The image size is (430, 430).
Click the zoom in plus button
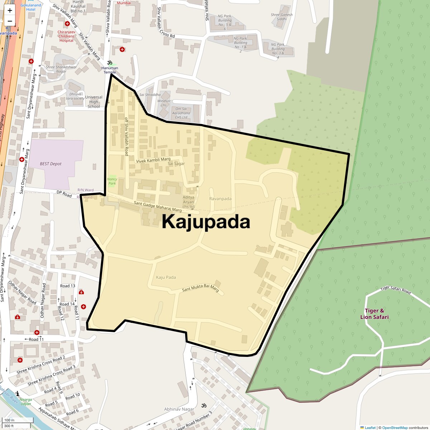[x=10, y=10]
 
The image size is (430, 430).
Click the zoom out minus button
[x=10, y=21]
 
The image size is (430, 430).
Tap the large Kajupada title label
[x=206, y=221]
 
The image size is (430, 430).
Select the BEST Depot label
[x=51, y=164]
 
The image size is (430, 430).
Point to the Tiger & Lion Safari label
[x=374, y=314]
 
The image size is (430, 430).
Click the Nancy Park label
[x=112, y=181]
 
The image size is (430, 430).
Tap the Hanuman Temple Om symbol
[x=110, y=62]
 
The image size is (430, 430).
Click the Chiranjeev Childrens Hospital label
[x=66, y=36]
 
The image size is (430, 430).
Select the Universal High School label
[x=94, y=102]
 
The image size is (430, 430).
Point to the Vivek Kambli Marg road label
[x=153, y=160]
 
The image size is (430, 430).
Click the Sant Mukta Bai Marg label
[x=200, y=288]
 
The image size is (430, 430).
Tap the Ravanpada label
[x=220, y=199]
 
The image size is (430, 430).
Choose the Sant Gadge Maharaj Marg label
[x=158, y=206]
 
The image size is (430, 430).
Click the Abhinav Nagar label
[x=179, y=409]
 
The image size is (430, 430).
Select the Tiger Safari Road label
[x=396, y=290]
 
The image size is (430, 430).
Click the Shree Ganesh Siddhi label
[x=282, y=17]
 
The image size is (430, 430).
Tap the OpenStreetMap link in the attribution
[x=395, y=427]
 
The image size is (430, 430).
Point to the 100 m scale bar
[x=18, y=420]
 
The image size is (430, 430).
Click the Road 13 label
[x=68, y=286]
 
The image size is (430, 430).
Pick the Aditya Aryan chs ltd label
[x=188, y=202]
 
